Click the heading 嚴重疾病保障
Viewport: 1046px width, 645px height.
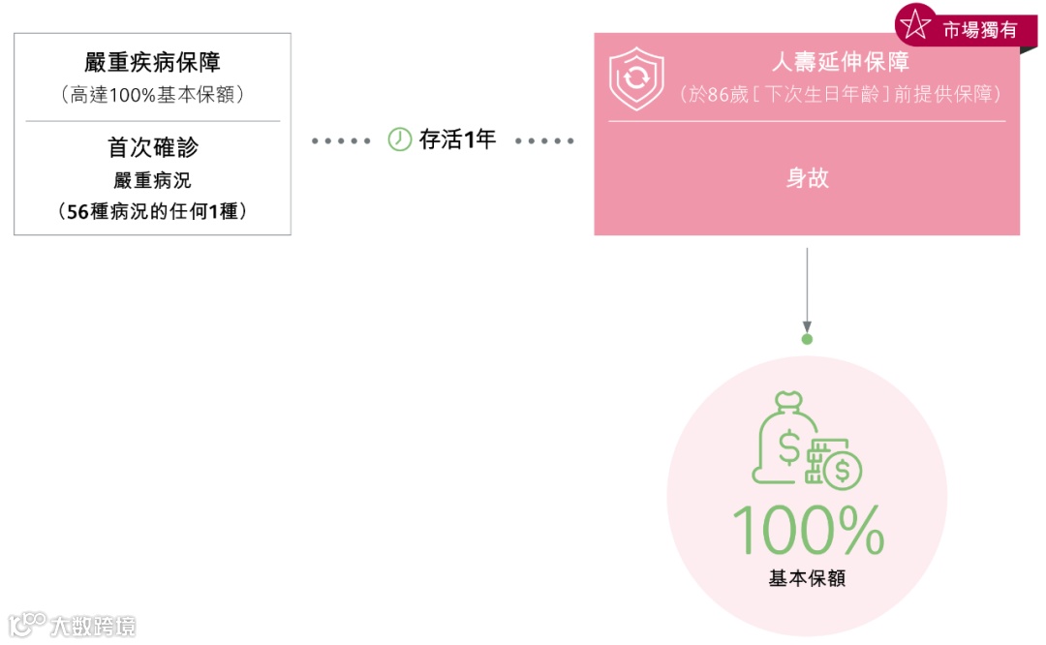(152, 63)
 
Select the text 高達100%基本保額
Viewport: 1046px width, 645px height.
(152, 95)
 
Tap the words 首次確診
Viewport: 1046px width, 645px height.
(152, 147)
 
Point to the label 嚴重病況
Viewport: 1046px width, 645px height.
(152, 181)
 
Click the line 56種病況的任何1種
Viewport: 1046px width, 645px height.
(152, 210)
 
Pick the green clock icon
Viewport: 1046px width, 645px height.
(399, 139)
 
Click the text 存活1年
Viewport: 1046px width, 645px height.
(457, 139)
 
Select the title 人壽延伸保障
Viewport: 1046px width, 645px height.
(840, 63)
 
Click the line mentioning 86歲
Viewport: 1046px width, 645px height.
(840, 94)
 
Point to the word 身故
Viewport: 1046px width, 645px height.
(807, 178)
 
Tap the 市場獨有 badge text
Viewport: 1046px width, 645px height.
(979, 30)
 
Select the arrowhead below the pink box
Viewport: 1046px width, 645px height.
(807, 326)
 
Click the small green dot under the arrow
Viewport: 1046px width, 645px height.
(807, 340)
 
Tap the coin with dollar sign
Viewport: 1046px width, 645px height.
(841, 471)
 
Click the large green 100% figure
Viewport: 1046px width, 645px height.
(807, 530)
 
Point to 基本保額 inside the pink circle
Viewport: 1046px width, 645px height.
(807, 578)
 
